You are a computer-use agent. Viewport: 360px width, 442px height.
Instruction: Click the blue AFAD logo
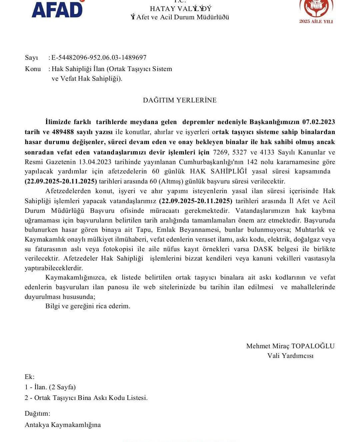click(57, 9)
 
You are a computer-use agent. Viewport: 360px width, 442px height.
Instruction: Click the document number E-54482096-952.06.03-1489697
click(99, 58)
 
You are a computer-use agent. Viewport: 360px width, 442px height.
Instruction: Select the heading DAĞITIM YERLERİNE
click(180, 100)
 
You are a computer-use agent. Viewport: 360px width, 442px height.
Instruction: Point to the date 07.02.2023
click(318, 122)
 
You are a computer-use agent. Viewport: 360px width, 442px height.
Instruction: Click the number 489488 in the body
click(63, 132)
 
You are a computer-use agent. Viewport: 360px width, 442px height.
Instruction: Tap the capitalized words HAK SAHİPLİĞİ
click(218, 171)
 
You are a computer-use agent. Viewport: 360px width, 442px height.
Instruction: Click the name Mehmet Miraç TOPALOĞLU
click(290, 346)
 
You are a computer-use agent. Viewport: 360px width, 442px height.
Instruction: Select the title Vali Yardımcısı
click(290, 356)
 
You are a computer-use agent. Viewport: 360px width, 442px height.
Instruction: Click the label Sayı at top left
click(32, 58)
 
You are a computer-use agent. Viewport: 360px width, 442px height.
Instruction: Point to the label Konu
click(33, 69)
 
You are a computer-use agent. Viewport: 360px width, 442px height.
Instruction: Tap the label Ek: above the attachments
click(30, 377)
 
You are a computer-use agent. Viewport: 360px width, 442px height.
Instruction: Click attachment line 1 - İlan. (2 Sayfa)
click(50, 387)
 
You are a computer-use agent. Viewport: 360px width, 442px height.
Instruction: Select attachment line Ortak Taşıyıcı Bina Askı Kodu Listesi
click(91, 398)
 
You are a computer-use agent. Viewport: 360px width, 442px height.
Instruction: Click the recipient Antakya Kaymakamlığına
click(63, 425)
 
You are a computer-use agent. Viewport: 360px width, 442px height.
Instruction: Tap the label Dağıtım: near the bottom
click(37, 414)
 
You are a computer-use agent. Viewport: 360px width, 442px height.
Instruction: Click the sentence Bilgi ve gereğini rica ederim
click(88, 306)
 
